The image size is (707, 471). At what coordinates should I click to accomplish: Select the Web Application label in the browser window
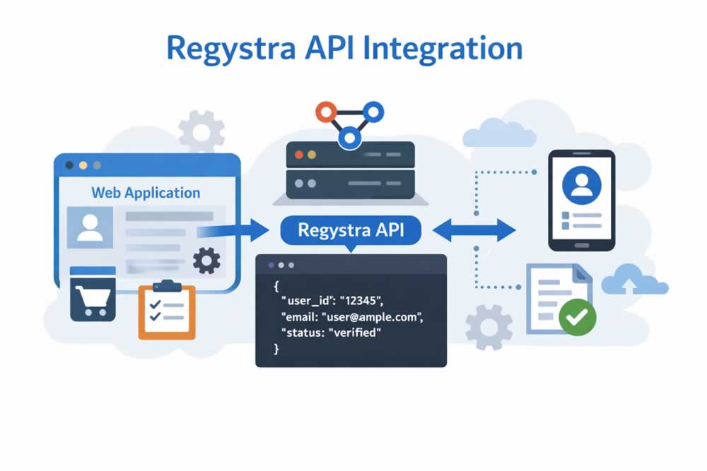click(x=146, y=193)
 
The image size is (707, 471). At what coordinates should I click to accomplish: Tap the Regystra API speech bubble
click(x=350, y=230)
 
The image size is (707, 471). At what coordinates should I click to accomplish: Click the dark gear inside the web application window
click(x=206, y=261)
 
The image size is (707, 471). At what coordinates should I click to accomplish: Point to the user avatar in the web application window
click(x=90, y=227)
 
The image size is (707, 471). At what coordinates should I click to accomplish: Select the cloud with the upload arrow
click(x=634, y=281)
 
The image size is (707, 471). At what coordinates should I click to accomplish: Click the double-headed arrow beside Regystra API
click(x=474, y=230)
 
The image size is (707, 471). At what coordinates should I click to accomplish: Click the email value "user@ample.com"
click(x=381, y=316)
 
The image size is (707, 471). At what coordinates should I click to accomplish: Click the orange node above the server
click(x=327, y=112)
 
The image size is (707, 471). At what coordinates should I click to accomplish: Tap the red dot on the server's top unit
click(x=299, y=154)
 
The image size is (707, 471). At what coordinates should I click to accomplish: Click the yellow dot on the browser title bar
click(x=83, y=165)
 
